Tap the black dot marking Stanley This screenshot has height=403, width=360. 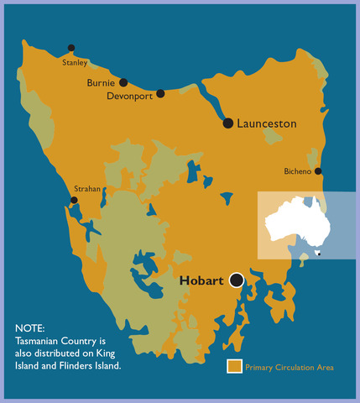[x=71, y=49]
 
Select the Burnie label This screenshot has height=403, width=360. [x=101, y=83]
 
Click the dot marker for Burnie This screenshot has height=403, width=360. [x=123, y=82]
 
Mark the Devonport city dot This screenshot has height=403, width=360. [x=160, y=93]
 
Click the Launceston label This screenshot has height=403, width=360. [x=267, y=123]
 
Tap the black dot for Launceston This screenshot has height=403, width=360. [x=228, y=123]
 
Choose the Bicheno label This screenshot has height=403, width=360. [x=297, y=171]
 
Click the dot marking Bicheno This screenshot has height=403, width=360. [x=318, y=171]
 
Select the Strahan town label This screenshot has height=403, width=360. [x=87, y=189]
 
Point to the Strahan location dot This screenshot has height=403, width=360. [x=75, y=200]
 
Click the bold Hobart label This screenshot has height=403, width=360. [x=202, y=281]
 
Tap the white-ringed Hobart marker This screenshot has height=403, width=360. [x=237, y=280]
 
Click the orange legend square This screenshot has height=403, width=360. [x=235, y=366]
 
